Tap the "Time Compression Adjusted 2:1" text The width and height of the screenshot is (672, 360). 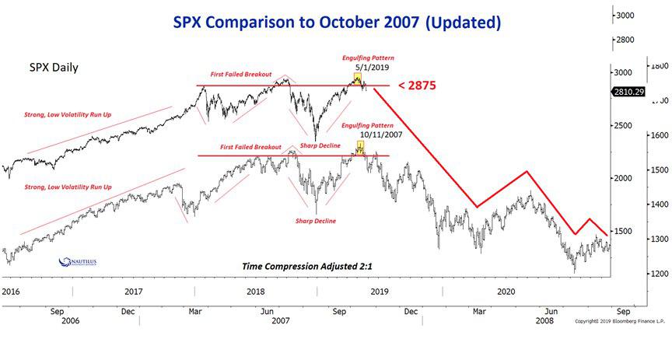[308, 266]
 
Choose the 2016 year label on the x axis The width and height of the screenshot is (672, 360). [12, 291]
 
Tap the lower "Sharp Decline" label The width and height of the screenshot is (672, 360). [316, 221]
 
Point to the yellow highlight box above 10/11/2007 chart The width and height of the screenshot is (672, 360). [360, 145]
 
